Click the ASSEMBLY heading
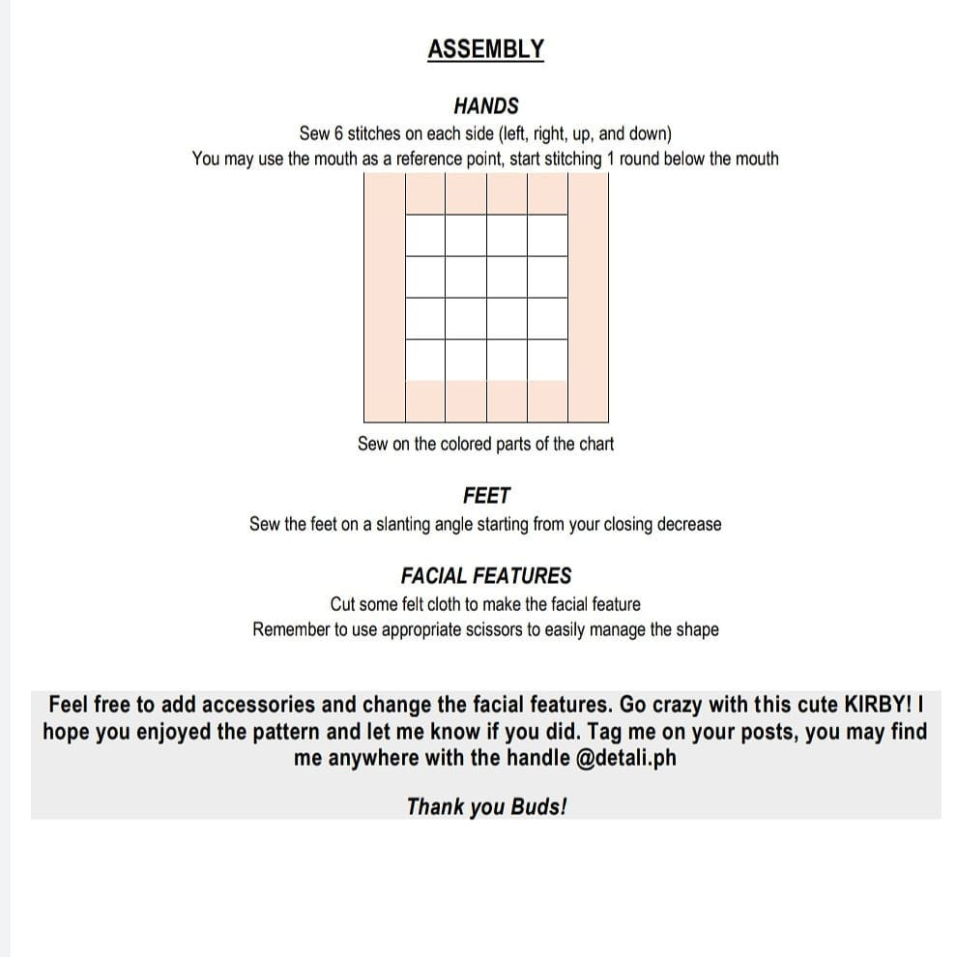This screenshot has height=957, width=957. [485, 49]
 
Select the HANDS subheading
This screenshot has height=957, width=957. [485, 106]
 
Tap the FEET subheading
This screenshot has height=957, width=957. [486, 496]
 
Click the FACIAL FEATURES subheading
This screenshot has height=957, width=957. [486, 576]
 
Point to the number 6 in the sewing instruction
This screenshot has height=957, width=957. [338, 133]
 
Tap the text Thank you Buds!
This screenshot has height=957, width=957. [486, 806]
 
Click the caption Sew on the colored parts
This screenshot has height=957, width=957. [485, 444]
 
